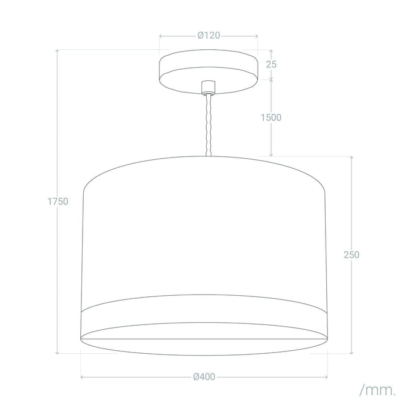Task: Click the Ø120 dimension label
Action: [x=209, y=35]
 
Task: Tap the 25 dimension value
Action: [x=271, y=64]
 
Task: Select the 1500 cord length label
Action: [x=271, y=117]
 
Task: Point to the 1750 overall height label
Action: [x=58, y=201]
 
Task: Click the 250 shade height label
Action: [x=351, y=255]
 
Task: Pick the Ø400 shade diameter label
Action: [x=204, y=377]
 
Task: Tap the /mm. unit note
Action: [x=378, y=390]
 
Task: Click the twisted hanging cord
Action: [x=209, y=125]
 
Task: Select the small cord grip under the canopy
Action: [x=208, y=87]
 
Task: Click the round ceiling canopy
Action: [x=209, y=71]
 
